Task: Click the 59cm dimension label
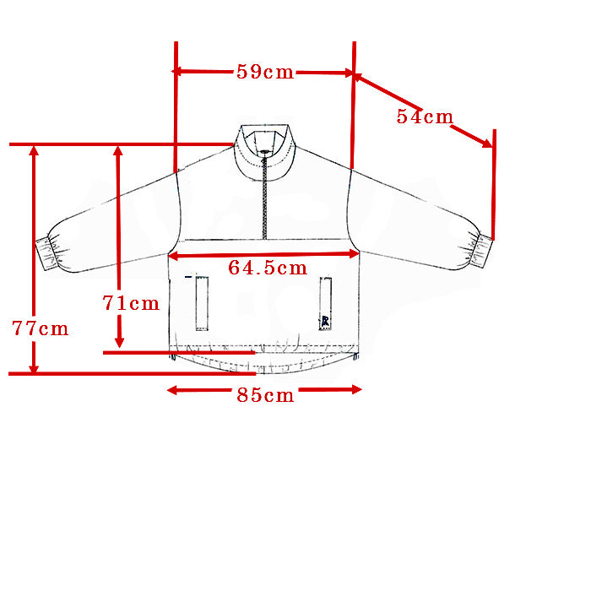tap(265, 72)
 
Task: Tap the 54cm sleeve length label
tap(425, 117)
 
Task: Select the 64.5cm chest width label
tap(268, 268)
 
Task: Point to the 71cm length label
tap(131, 303)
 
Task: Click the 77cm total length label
tap(41, 328)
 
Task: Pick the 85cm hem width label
tap(265, 395)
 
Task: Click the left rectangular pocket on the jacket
tap(202, 303)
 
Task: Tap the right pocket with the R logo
tap(326, 304)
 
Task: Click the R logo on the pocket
tap(325, 322)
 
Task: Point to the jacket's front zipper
tap(264, 196)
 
